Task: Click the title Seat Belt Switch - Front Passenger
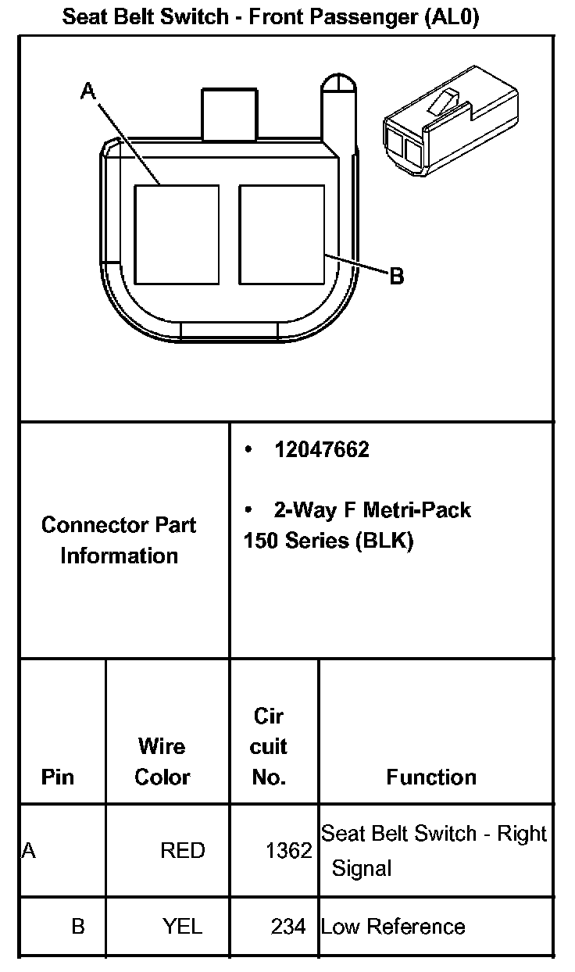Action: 270,16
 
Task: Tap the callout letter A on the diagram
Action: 87,92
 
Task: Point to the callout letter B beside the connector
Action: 396,276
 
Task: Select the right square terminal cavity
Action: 281,234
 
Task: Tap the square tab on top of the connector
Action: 228,115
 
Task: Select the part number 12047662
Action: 321,450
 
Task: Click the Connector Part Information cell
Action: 120,540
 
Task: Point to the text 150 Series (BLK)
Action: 327,540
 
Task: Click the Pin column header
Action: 58,777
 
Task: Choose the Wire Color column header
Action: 162,762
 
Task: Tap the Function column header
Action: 431,777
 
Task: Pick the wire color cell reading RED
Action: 183,850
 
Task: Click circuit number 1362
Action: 289,850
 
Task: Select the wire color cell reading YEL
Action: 183,927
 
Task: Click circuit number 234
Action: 289,927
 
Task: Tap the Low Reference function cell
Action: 393,927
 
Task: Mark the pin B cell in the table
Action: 78,927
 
